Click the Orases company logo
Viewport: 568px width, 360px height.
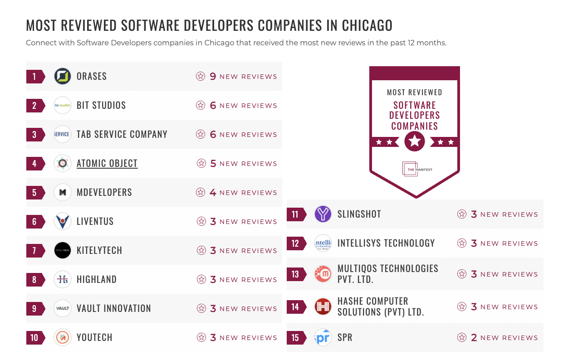click(63, 76)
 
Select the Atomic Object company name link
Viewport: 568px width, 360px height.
click(107, 163)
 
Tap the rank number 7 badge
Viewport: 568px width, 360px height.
click(34, 250)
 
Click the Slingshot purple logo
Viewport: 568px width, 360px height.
click(323, 214)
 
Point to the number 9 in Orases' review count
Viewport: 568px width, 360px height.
click(213, 76)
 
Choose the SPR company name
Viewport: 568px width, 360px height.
click(345, 337)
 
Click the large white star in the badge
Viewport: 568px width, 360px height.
click(415, 142)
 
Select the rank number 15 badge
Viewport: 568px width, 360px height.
click(295, 337)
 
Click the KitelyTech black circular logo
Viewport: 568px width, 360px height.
click(63, 250)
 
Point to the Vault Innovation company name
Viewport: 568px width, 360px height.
click(113, 308)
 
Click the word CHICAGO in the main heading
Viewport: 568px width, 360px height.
click(367, 25)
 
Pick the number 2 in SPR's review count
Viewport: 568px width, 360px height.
click(474, 337)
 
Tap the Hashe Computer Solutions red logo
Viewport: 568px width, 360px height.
click(323, 306)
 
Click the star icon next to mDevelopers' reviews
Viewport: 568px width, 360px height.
click(200, 192)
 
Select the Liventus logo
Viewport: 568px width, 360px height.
click(63, 221)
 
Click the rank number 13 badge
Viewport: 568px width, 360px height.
click(295, 274)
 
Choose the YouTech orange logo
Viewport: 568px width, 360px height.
click(63, 337)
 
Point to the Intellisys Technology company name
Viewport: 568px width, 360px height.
click(386, 243)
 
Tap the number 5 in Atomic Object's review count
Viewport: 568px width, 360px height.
click(213, 163)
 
